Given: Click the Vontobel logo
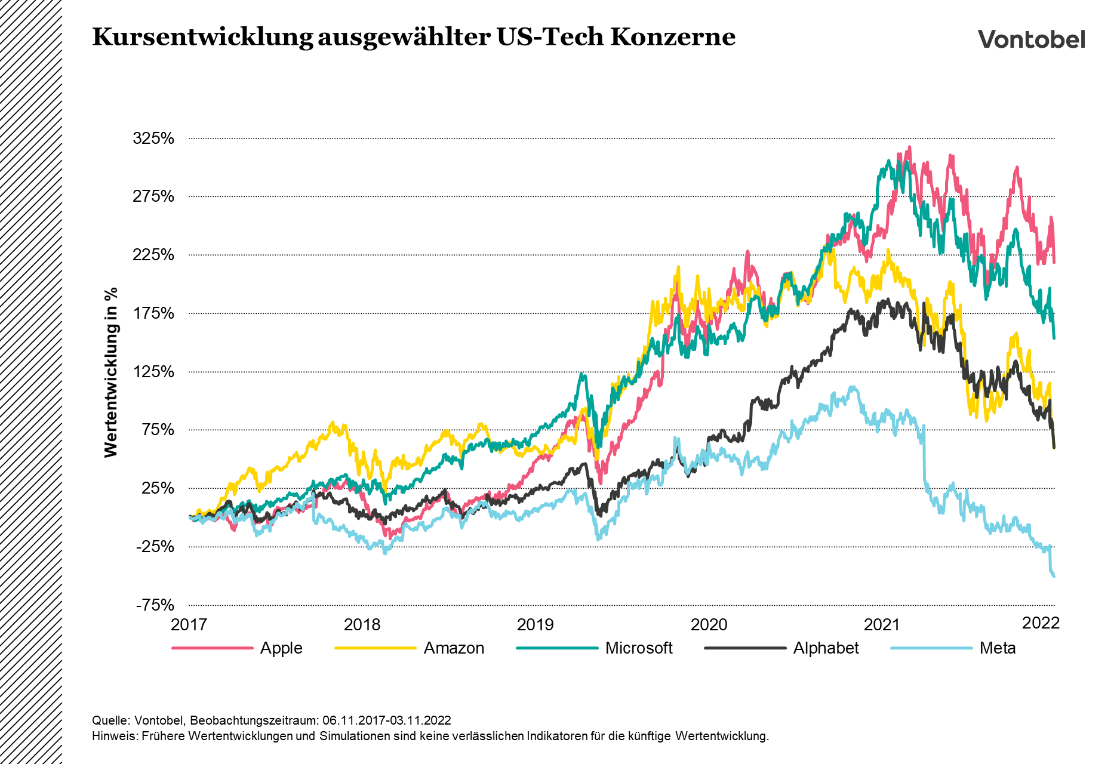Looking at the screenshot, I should coord(1031,39).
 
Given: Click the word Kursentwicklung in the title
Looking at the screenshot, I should coord(202,37).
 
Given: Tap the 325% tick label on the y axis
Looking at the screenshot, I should coord(153,138).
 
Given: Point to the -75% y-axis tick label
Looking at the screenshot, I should coord(155,605).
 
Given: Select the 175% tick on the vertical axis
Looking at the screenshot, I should coord(153,313).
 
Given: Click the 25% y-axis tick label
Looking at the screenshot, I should coord(158,488).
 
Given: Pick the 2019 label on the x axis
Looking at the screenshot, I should coord(536,625).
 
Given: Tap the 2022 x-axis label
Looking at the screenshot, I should coord(1041,623).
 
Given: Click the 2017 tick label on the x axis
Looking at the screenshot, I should coord(189,625).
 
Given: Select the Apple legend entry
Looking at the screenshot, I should coord(281,648).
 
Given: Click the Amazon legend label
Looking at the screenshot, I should coord(454,648).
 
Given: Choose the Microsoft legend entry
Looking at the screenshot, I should coord(638,648).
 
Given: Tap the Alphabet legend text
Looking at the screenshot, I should coord(826,648).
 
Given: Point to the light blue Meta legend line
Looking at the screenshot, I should coord(931,648).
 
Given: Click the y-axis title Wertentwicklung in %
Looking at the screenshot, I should coord(111,372).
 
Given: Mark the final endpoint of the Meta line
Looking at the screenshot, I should coord(1054,576).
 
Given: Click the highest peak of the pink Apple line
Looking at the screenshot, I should coord(909,147).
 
